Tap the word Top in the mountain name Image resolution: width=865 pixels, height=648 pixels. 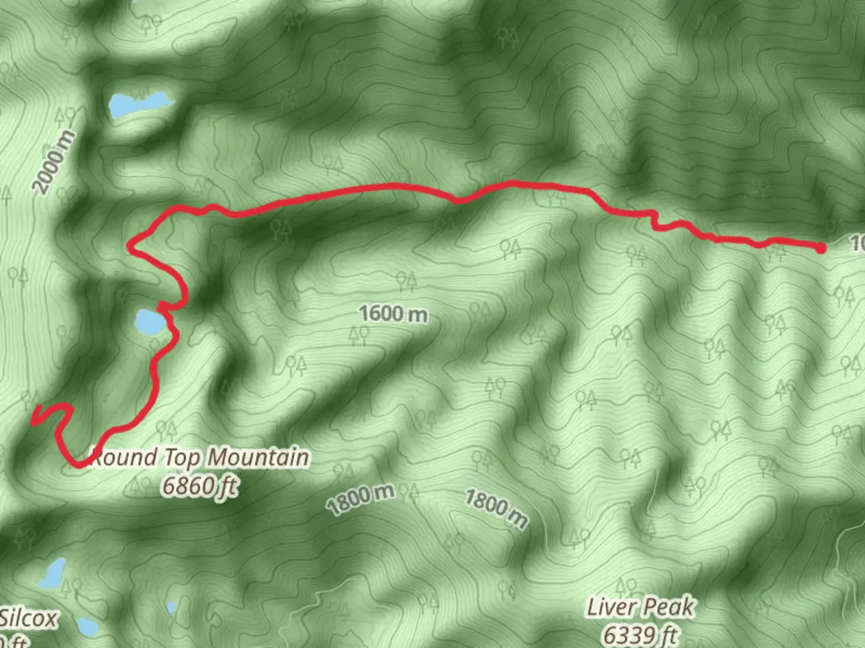click(x=183, y=457)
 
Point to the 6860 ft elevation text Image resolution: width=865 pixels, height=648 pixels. click(x=199, y=485)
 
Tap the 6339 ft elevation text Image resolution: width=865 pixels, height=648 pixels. click(x=640, y=635)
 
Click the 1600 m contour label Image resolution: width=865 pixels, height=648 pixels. click(x=393, y=313)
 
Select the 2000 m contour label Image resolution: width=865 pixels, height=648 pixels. click(x=54, y=162)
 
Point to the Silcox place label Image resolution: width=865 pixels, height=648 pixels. click(x=29, y=618)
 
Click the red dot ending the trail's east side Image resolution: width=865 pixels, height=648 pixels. click(x=821, y=248)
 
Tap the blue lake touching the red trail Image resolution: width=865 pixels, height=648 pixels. click(x=150, y=322)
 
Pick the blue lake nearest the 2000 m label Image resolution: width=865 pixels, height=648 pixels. click(x=138, y=105)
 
